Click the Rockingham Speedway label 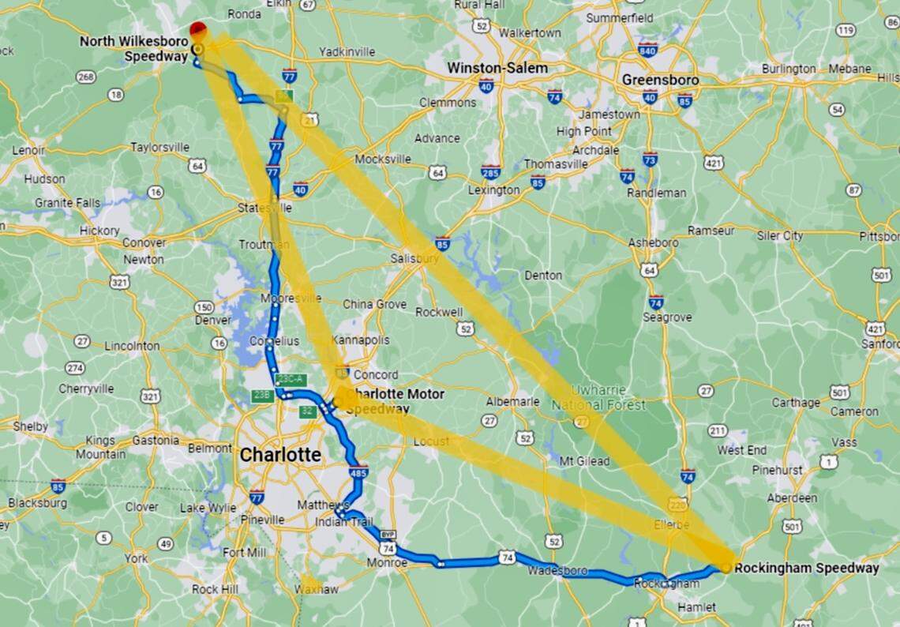(x=806, y=568)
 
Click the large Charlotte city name (x=280, y=455)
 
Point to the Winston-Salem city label (x=497, y=68)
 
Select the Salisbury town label (x=414, y=258)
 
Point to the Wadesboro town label (x=557, y=569)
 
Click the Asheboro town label (x=653, y=242)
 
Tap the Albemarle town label (x=512, y=401)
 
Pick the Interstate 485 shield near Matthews (x=362, y=473)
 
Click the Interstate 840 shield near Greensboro (x=647, y=51)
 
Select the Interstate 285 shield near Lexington (x=490, y=171)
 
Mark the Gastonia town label (x=155, y=440)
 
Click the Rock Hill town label (x=216, y=589)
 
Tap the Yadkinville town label (x=347, y=52)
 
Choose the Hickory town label (x=99, y=230)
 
